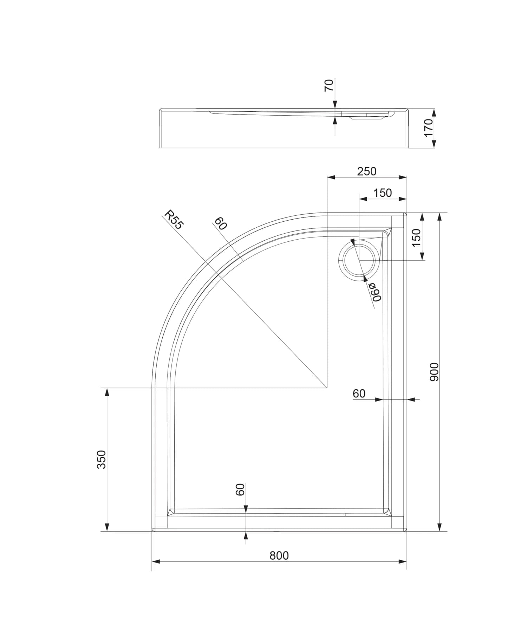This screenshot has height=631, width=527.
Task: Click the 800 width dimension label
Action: (x=279, y=555)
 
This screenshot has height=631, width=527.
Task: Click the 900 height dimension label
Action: (x=435, y=372)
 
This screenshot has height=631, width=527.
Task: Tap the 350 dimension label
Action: (x=101, y=460)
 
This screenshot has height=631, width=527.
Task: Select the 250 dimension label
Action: (x=366, y=171)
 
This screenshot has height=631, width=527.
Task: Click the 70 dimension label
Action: (x=328, y=85)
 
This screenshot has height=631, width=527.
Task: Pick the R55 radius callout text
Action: (x=174, y=220)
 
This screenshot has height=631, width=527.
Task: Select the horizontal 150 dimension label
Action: (x=382, y=193)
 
